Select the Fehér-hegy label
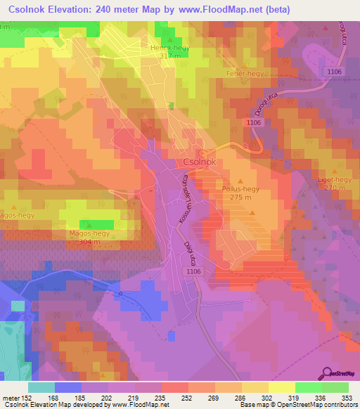pyautogui.click(x=243, y=73)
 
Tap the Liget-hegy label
pyautogui.click(x=334, y=180)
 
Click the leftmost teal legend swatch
pyautogui.click(x=41, y=387)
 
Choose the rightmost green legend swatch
pyautogui.click(x=335, y=387)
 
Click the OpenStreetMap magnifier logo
pyautogui.click(x=327, y=372)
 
